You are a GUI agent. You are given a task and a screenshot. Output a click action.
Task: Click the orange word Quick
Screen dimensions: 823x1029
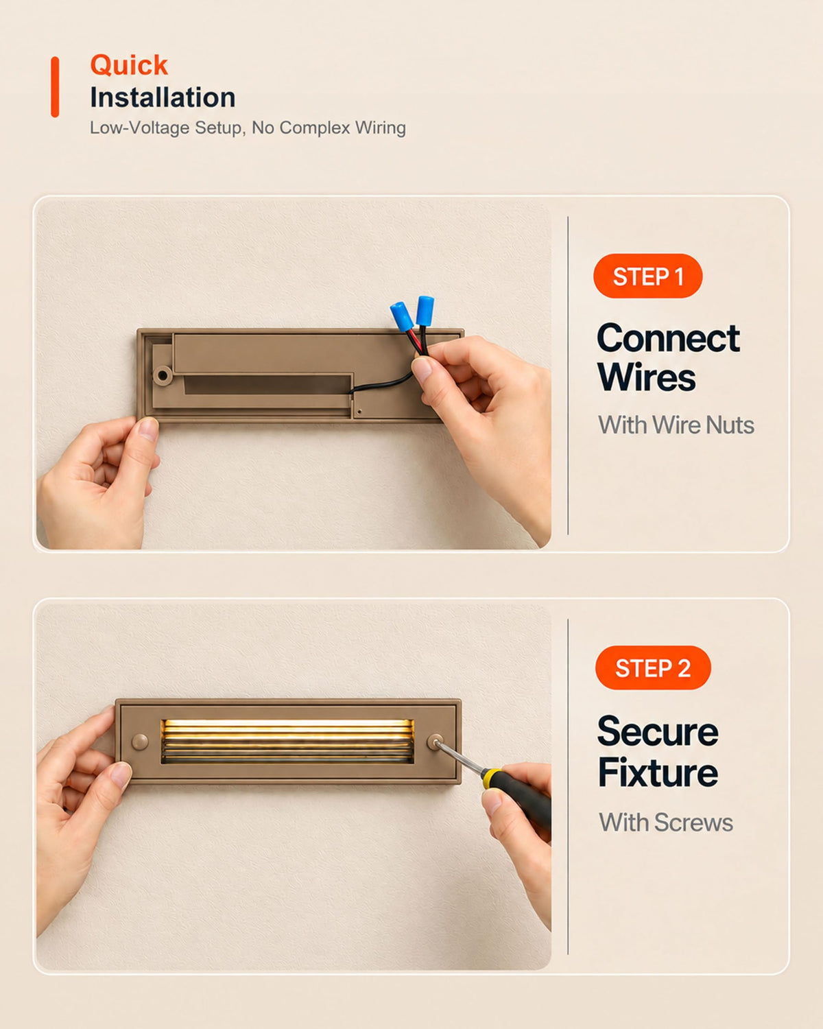point(129,65)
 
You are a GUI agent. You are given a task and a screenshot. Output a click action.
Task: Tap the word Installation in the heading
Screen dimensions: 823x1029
point(163,97)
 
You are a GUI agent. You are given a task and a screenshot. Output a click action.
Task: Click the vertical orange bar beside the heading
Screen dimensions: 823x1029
point(55,86)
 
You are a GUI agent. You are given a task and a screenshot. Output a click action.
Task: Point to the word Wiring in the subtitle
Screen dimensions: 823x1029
point(380,128)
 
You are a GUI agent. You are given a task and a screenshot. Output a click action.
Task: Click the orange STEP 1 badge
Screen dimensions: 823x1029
point(647,276)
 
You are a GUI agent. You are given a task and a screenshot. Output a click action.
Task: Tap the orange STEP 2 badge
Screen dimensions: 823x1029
point(653,667)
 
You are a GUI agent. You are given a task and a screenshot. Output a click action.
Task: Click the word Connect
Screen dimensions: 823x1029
point(668,338)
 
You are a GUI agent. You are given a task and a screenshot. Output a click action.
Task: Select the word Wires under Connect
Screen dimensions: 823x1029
point(647,377)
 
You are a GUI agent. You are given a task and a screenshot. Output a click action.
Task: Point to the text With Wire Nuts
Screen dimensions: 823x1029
point(676,425)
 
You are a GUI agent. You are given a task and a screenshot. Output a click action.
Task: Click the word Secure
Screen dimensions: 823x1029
point(658,732)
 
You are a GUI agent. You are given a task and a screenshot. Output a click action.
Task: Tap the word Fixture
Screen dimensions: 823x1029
point(658,772)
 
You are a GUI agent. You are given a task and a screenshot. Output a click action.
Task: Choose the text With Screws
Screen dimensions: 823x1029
point(666,823)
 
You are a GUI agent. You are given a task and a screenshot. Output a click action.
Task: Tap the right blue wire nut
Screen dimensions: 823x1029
point(425,310)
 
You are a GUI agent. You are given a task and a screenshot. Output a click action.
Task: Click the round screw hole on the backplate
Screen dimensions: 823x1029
point(163,375)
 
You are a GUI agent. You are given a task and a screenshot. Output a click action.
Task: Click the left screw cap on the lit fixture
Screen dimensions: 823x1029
point(140,742)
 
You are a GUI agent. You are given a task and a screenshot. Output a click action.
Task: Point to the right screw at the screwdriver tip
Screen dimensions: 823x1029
point(436,743)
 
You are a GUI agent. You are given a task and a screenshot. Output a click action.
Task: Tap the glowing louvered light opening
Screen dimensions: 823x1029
point(287,741)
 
